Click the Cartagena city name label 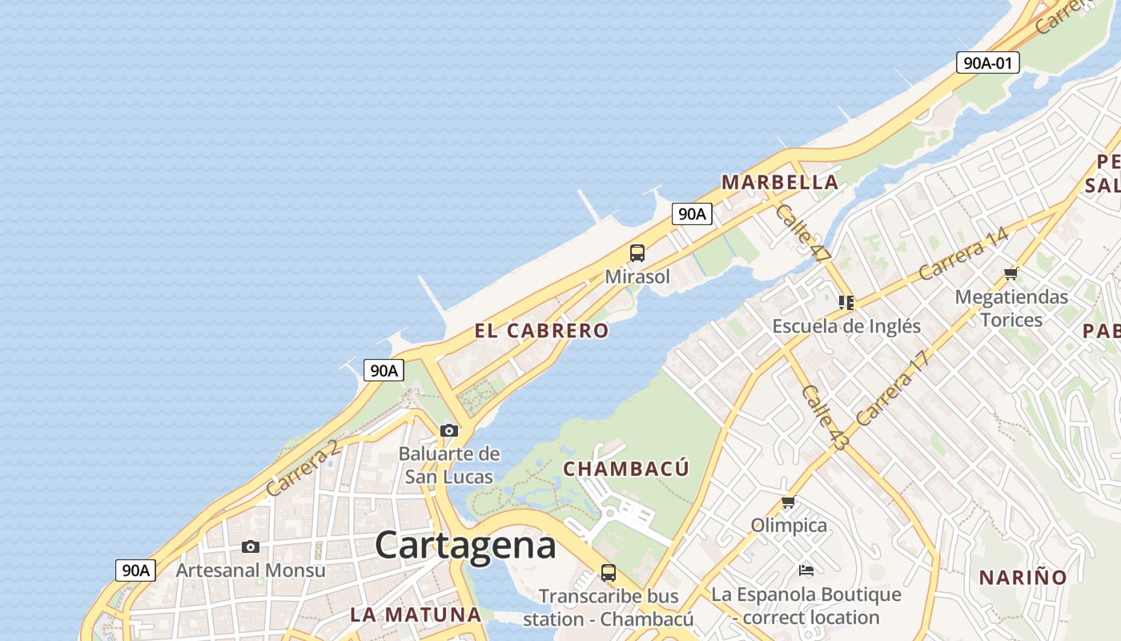point(464,546)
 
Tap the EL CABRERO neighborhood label point(541,331)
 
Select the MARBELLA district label point(779,183)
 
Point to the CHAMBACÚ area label point(626,469)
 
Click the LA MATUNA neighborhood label point(416,615)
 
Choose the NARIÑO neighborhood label point(1023,578)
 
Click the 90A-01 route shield point(987,62)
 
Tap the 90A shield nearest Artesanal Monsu point(135,570)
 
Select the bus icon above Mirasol point(637,253)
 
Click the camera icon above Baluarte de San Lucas point(449,430)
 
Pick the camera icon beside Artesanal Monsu point(251,546)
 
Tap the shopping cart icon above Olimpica point(789,502)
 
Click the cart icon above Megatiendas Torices point(1011,274)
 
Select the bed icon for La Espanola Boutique point(806,570)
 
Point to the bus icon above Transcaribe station point(609,573)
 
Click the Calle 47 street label point(802,232)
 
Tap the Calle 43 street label point(824,417)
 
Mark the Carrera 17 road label point(894,389)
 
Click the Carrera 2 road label point(303,468)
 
